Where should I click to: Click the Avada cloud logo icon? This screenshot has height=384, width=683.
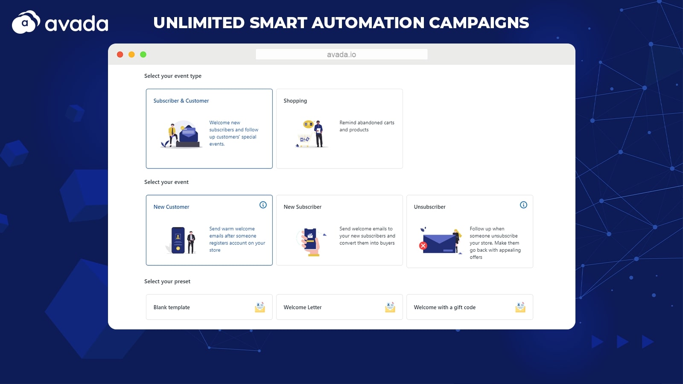26,22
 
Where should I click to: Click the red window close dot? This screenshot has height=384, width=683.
120,55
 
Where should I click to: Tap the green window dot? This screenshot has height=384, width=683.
143,55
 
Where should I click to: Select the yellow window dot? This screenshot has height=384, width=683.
131,55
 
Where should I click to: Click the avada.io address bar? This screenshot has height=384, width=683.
341,54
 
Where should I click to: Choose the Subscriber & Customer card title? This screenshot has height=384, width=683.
181,101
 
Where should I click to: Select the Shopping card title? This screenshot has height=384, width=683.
295,101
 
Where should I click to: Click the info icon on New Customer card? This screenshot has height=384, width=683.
263,205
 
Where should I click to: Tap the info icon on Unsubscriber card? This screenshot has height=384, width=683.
523,205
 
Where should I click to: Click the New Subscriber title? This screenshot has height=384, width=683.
303,207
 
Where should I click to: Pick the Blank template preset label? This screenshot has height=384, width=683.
172,307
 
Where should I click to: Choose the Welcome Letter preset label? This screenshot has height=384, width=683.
303,307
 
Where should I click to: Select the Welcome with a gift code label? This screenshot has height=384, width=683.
444,307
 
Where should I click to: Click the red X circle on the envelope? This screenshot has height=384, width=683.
423,246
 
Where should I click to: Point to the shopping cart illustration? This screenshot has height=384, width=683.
304,140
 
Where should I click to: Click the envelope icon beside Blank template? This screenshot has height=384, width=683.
260,307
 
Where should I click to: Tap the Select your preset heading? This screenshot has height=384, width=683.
167,281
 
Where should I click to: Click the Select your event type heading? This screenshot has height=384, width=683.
172,76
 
